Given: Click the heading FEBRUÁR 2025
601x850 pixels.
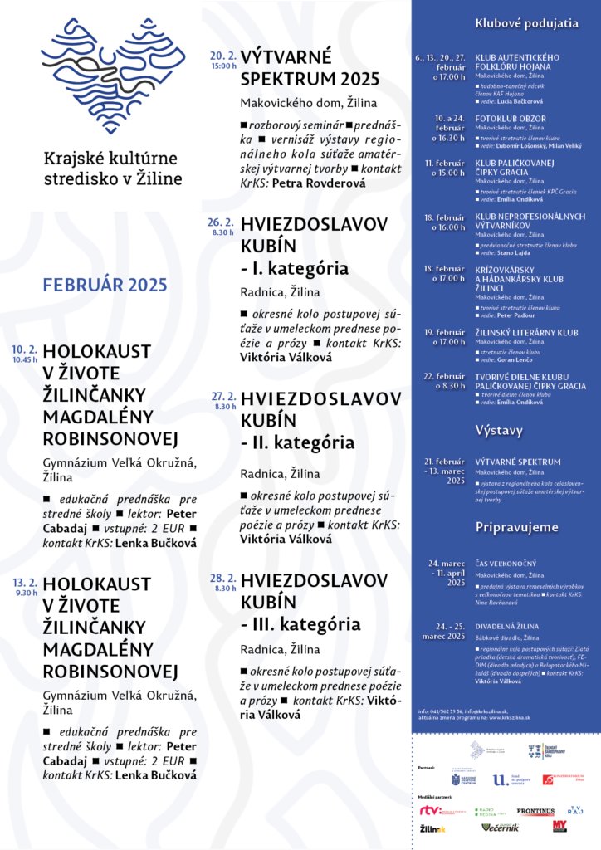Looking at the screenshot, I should pos(105,286).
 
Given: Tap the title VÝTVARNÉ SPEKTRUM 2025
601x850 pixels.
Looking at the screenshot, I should pos(310,68).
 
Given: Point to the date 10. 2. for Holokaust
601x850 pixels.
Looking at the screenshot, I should pos(25,349).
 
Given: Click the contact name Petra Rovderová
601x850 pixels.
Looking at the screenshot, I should pos(319,183).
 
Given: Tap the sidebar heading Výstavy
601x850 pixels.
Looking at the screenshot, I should pos(498,430).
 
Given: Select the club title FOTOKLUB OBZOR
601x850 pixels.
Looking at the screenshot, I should pos(510,119).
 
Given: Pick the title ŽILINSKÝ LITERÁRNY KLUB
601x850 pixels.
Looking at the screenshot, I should pos(526,332).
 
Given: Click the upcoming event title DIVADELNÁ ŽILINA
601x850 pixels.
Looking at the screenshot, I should pos(506,626).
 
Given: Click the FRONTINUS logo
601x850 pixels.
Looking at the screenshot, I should pos(535,811).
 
